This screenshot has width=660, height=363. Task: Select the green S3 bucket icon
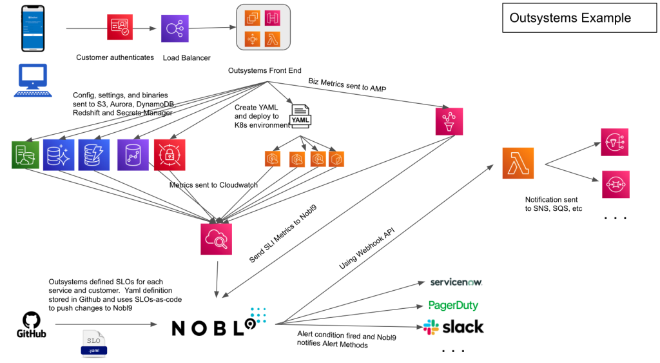coord(25,155)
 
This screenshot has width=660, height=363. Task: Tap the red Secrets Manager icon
coord(170,155)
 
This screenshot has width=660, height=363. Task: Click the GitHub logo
coord(30,324)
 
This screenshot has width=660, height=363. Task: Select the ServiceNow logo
coord(456,282)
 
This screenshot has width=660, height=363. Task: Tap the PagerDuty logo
coord(454,305)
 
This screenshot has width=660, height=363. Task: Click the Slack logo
coord(454,327)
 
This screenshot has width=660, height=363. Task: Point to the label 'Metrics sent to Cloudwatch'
coord(213,185)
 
